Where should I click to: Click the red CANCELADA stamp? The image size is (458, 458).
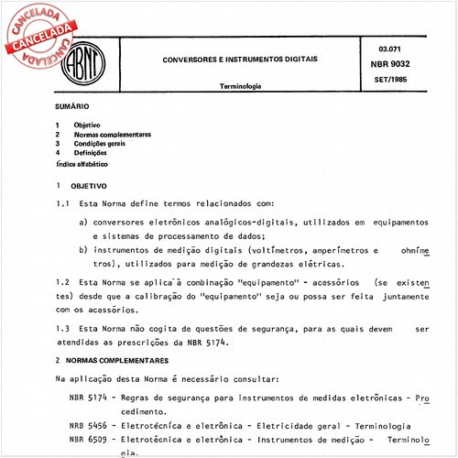[x=39, y=30]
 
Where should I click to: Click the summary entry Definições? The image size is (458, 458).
[x=91, y=152]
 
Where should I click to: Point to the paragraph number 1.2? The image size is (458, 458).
[x=62, y=282]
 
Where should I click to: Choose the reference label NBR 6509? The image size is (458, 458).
[x=88, y=440]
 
